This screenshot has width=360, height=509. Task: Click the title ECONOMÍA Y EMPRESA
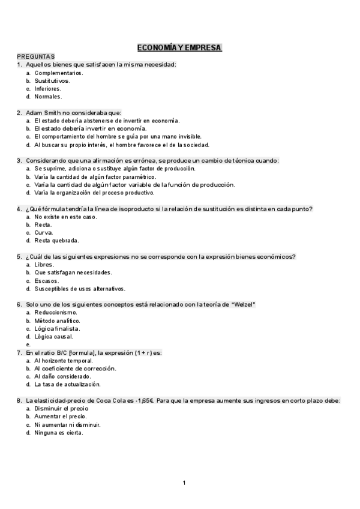(x=179, y=47)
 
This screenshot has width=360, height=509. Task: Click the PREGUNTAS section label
(x=35, y=56)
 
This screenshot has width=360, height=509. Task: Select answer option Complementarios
(x=59, y=73)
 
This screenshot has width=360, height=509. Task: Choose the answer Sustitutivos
(x=52, y=80)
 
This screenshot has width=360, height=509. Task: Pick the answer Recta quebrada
(x=56, y=241)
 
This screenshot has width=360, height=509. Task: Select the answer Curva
(x=44, y=232)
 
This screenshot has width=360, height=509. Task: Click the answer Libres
(x=44, y=264)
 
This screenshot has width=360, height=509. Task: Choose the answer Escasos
(x=47, y=280)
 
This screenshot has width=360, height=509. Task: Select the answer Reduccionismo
(x=56, y=313)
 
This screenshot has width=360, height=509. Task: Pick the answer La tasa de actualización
(x=67, y=384)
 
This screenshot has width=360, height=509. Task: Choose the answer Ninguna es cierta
(x=59, y=432)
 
